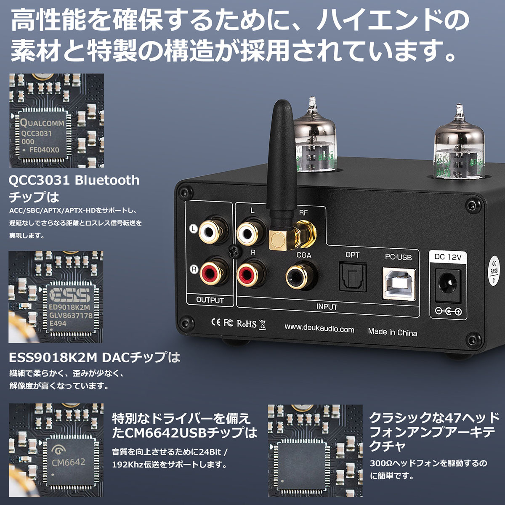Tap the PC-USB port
click(x=398, y=282)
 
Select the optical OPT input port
click(x=353, y=278)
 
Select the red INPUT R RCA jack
click(x=250, y=274)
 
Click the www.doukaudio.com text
click(x=319, y=329)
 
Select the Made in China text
click(x=392, y=332)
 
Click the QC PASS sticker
click(x=494, y=271)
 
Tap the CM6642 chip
click(x=68, y=462)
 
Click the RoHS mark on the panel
click(x=246, y=324)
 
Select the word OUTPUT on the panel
click(x=210, y=300)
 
